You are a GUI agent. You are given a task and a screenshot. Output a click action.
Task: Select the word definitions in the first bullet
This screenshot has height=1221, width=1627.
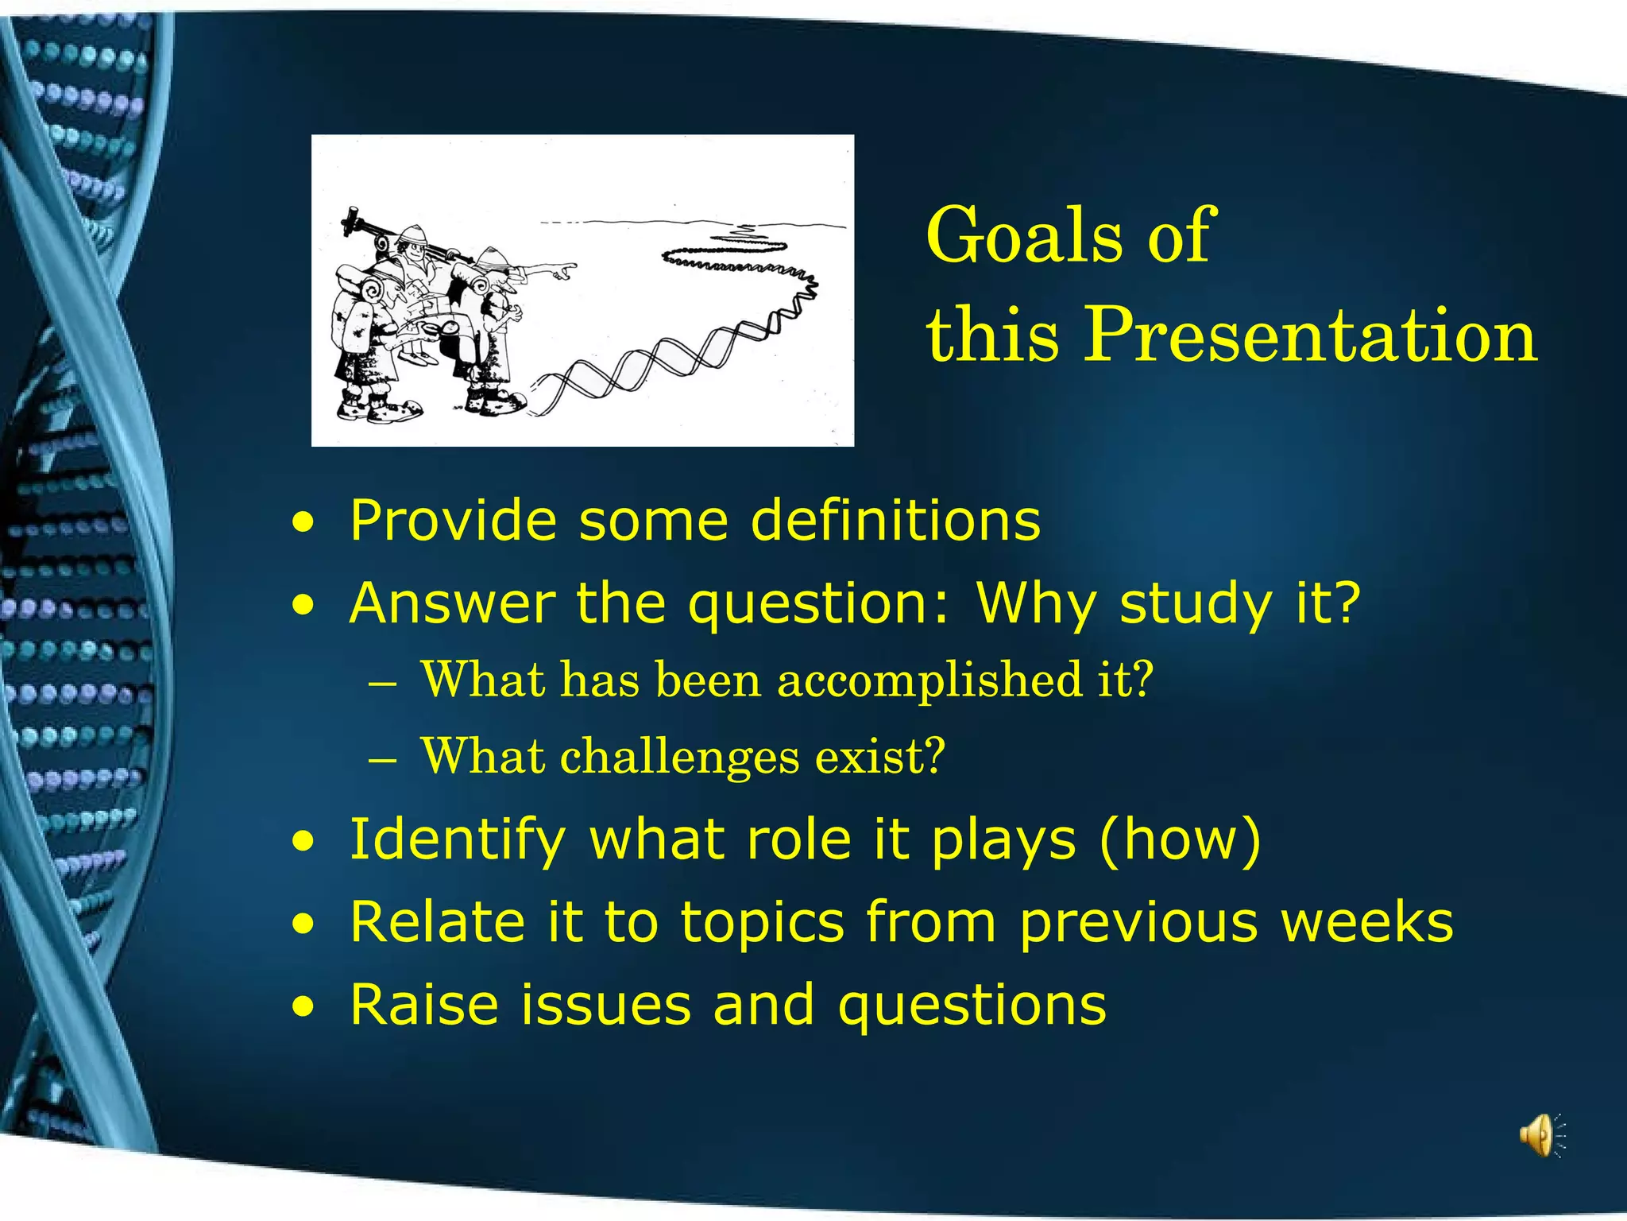[x=895, y=521]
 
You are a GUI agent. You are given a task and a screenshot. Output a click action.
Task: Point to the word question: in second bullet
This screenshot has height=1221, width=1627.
[x=819, y=604]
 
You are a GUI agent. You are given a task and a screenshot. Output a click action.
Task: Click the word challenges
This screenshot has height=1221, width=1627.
[x=679, y=756]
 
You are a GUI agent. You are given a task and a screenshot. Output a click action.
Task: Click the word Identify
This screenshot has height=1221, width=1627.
[x=458, y=840]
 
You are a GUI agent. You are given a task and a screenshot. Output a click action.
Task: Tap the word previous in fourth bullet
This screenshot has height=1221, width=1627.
[x=1138, y=924]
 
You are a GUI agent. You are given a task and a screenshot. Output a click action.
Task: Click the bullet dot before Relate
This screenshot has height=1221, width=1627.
[x=302, y=924]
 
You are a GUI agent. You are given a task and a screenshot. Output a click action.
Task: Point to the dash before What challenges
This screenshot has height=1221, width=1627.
[x=382, y=759]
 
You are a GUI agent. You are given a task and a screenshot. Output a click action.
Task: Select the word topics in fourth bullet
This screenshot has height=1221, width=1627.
[x=763, y=924]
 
